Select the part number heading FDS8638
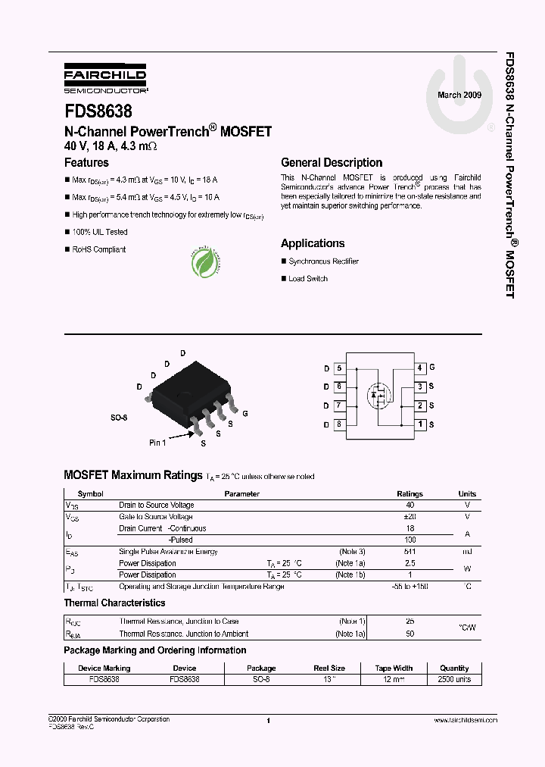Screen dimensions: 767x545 (98, 111)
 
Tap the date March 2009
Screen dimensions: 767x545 (459, 95)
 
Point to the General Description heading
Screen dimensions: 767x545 (332, 162)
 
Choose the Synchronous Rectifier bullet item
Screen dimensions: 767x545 (323, 261)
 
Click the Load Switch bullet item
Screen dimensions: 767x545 (308, 279)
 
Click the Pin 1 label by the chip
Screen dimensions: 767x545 (157, 443)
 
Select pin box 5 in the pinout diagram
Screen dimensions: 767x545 (339, 368)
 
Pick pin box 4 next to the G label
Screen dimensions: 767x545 (419, 368)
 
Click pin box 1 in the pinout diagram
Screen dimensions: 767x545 (419, 424)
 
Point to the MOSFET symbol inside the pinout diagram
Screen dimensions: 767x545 (378, 395)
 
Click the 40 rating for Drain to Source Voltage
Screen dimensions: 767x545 (410, 505)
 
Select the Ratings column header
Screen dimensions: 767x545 (410, 493)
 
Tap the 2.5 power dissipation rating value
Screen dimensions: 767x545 (410, 563)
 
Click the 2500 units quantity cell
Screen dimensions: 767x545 (454, 680)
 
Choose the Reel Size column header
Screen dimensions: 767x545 (329, 668)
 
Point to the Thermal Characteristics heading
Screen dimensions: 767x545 (114, 603)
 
